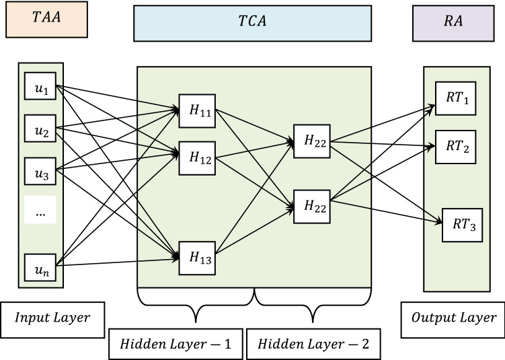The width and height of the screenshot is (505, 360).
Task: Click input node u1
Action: coord(40,88)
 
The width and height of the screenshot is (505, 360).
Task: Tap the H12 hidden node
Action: coord(196,158)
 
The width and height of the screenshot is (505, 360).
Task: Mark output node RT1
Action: coord(453,100)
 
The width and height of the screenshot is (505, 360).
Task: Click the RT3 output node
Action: coord(462,225)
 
